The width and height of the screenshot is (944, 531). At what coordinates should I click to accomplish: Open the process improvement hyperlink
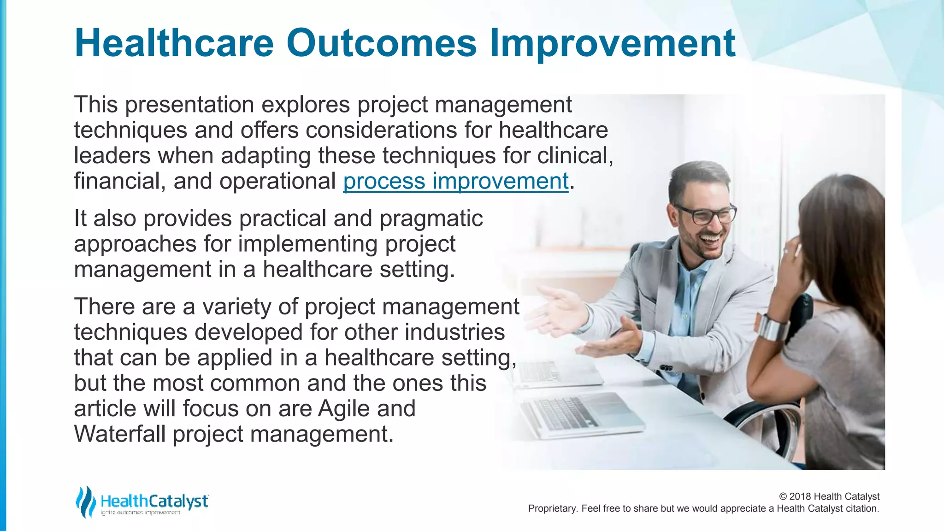[456, 181]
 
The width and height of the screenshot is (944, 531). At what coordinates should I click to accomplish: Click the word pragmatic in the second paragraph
[431, 218]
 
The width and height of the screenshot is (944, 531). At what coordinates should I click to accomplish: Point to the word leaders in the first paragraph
[112, 155]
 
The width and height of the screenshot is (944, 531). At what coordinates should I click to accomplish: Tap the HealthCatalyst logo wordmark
[154, 501]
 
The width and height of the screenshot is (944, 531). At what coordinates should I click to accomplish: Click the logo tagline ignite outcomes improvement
[141, 513]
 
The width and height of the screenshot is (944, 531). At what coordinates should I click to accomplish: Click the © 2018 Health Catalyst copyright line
[829, 496]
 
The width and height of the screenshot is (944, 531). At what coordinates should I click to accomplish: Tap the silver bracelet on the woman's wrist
[773, 328]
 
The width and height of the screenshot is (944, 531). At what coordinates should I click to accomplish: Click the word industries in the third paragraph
[455, 332]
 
